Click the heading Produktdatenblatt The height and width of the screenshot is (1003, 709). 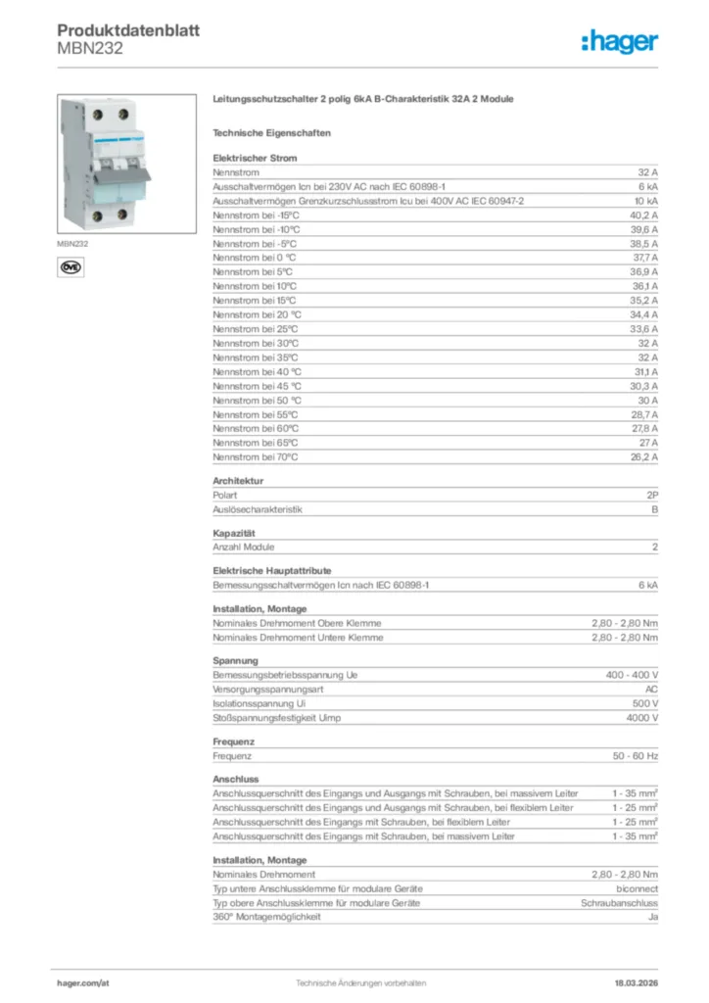[x=128, y=30]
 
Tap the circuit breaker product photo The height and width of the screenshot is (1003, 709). [x=105, y=163]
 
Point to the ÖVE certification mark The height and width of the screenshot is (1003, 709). [x=70, y=265]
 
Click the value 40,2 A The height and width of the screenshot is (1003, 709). [x=643, y=215]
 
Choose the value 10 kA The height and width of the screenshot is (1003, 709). [x=646, y=200]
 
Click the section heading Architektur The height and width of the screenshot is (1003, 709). [x=238, y=481]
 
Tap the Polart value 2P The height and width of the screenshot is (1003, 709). [x=652, y=496]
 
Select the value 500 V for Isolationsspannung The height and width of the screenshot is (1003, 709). [x=643, y=703]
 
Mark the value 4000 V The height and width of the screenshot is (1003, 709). [x=641, y=718]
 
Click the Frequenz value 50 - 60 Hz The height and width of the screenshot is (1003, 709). [x=636, y=756]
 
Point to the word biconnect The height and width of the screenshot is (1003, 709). [x=637, y=888]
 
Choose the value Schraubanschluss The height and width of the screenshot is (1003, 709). [x=619, y=902]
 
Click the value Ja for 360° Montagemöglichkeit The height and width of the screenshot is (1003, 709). [x=652, y=917]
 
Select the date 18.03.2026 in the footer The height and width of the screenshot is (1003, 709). [x=629, y=981]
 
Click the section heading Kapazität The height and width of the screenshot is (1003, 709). [x=234, y=533]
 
